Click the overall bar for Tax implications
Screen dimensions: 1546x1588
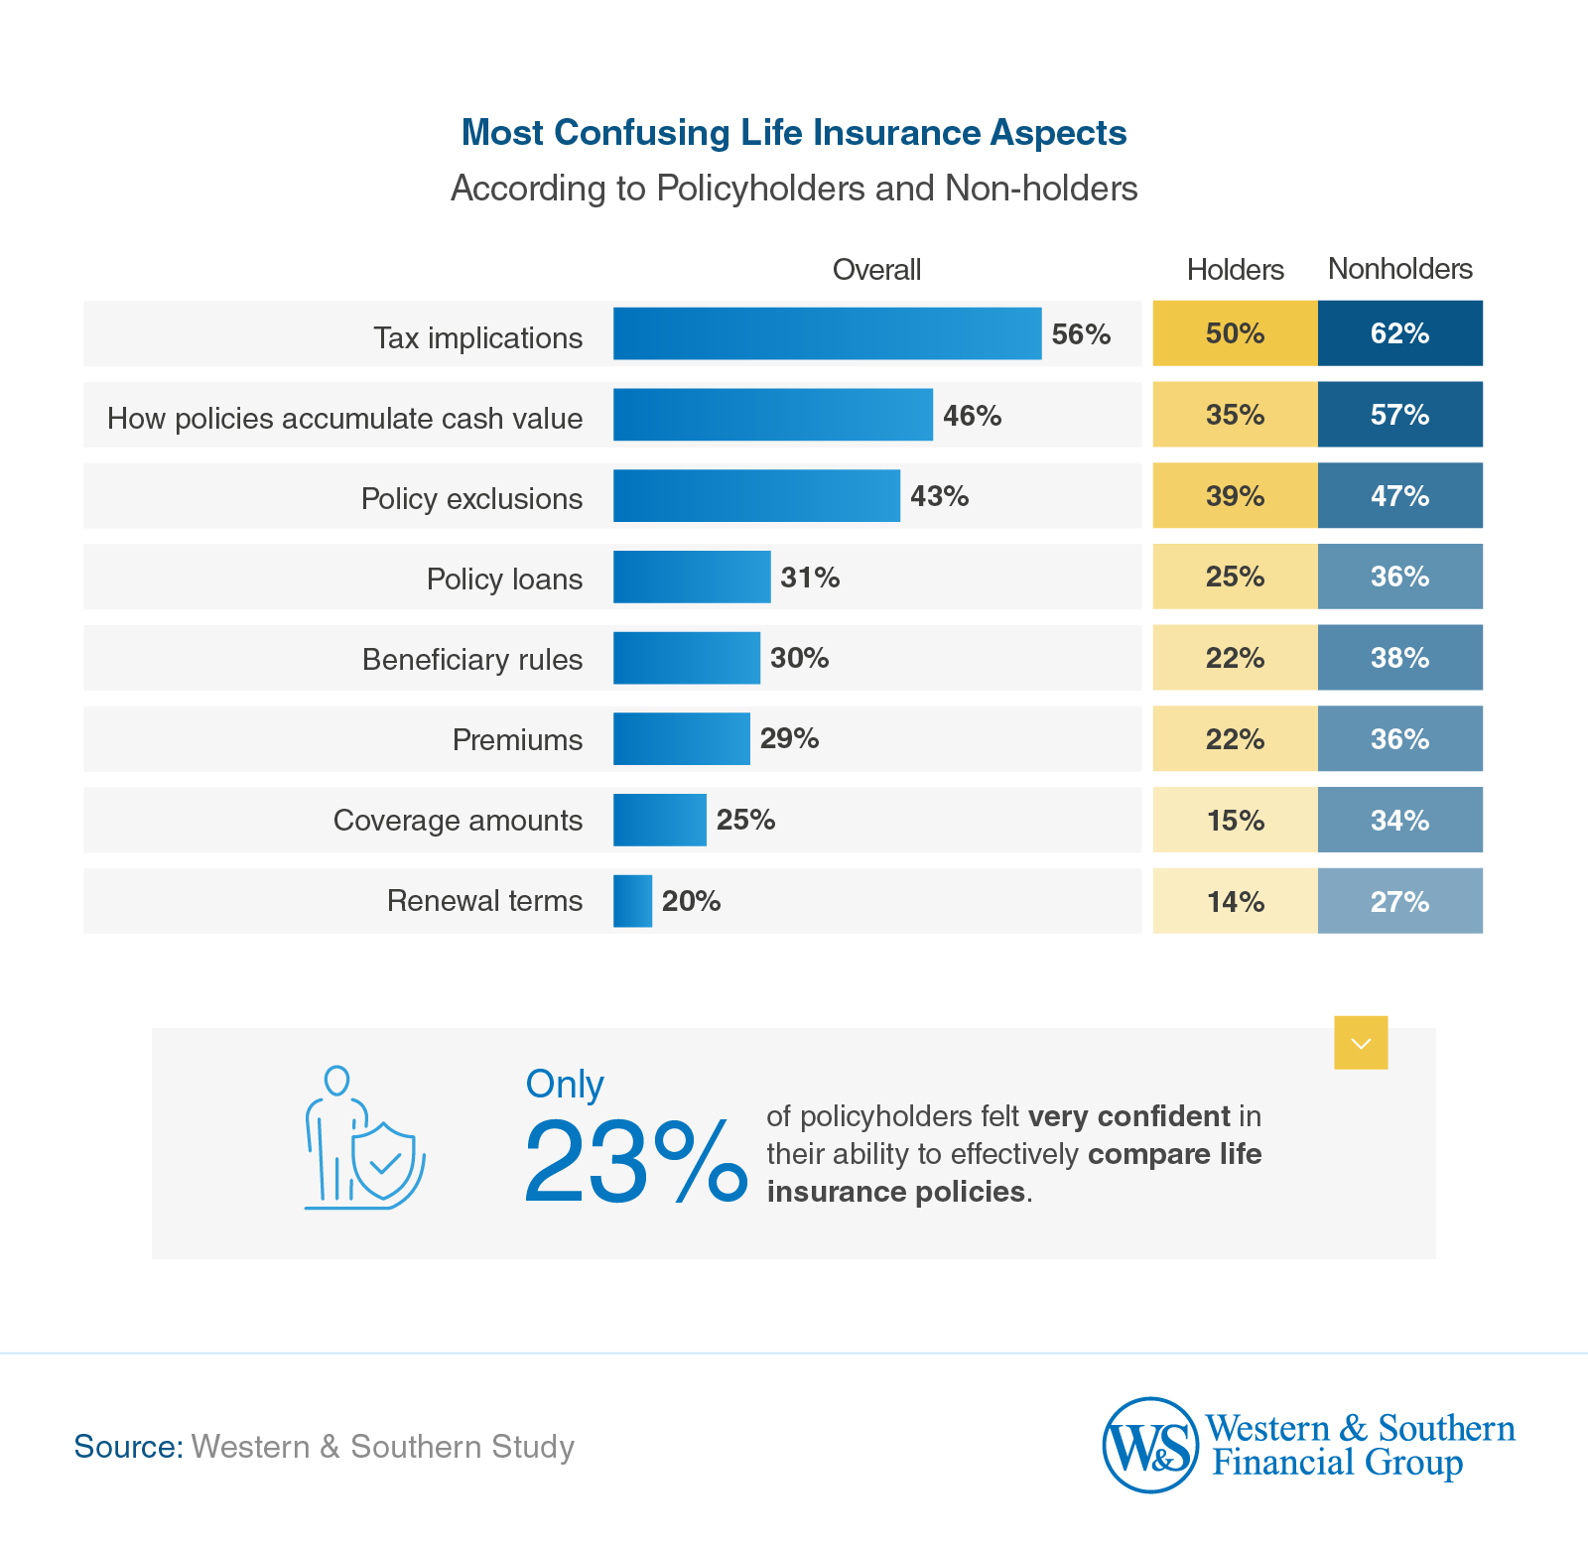[827, 333]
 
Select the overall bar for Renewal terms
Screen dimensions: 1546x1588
[632, 901]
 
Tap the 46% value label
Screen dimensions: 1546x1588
[972, 416]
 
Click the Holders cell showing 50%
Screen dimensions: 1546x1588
[1235, 333]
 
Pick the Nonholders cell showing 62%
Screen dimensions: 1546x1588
[1399, 333]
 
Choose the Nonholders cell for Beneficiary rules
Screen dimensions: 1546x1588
[1399, 658]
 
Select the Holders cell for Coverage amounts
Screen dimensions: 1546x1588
[1235, 821]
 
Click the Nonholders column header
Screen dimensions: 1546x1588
[1399, 269]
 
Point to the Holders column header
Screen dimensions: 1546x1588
[1235, 270]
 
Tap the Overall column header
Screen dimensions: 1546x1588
[876, 270]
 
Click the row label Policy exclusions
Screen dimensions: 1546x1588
[471, 498]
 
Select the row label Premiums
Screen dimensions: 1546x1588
[517, 740]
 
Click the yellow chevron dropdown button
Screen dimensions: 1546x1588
[1361, 1043]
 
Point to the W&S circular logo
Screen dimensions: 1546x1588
[1150, 1445]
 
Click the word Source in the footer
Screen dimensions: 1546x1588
[128, 1447]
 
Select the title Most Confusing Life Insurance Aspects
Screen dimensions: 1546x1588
[794, 133]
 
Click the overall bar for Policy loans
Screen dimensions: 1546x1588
[692, 578]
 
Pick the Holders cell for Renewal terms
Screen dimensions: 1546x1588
[1235, 902]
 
